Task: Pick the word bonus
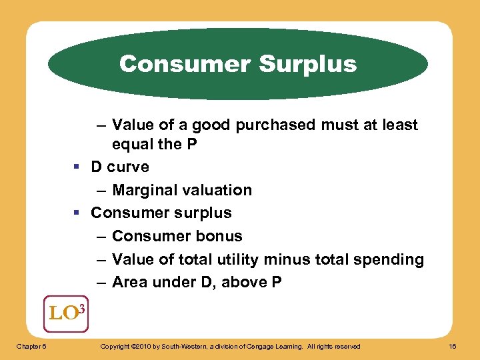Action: [x=221, y=236]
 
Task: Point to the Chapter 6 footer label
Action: [x=31, y=347]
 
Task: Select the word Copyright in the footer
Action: [x=115, y=347]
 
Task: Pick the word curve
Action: [x=129, y=167]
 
